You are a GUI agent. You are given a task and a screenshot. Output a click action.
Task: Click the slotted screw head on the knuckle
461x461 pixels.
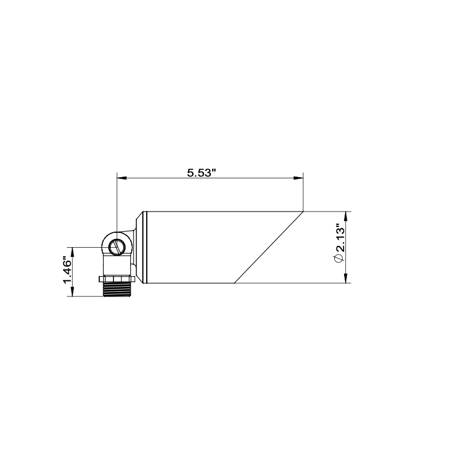pos(116,248)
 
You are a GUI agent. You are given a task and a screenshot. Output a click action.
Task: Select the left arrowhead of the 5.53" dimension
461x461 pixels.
pos(120,178)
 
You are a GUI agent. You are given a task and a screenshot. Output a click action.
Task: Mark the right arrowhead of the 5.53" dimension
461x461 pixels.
pos(299,178)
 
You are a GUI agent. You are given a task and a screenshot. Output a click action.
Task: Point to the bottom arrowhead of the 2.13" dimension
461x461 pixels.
pos(345,279)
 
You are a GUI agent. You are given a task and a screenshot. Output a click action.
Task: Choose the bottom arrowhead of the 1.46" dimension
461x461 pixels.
pos(72,292)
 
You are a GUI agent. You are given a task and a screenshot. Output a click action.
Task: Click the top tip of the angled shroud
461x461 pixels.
pos(303,212)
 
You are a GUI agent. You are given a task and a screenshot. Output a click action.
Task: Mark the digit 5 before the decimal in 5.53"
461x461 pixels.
pos(190,172)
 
